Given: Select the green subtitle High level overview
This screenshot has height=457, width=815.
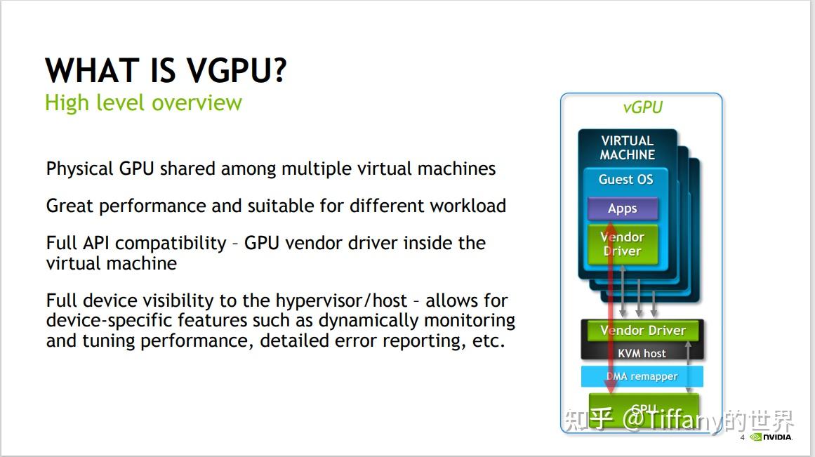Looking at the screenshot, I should (143, 102).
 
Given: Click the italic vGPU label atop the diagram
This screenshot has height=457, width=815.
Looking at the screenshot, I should (642, 107).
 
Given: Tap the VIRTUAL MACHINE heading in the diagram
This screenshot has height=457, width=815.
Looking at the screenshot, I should (627, 147).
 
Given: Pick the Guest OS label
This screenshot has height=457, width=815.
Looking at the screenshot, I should (625, 180).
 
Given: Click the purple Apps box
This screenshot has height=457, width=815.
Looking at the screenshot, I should (622, 208).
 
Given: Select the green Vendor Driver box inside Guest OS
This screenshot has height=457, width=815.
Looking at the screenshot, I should (623, 244).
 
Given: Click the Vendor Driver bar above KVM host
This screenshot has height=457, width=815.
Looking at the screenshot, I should (642, 331).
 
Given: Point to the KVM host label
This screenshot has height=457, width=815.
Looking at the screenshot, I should (642, 353).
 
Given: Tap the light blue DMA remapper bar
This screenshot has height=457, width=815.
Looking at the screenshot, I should (642, 376).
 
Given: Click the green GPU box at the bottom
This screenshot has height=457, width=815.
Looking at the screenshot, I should (644, 410).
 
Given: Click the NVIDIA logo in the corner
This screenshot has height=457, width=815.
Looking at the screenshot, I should (771, 437).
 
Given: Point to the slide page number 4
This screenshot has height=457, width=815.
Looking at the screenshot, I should (742, 438).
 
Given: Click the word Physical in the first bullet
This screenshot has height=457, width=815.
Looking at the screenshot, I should (79, 169).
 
